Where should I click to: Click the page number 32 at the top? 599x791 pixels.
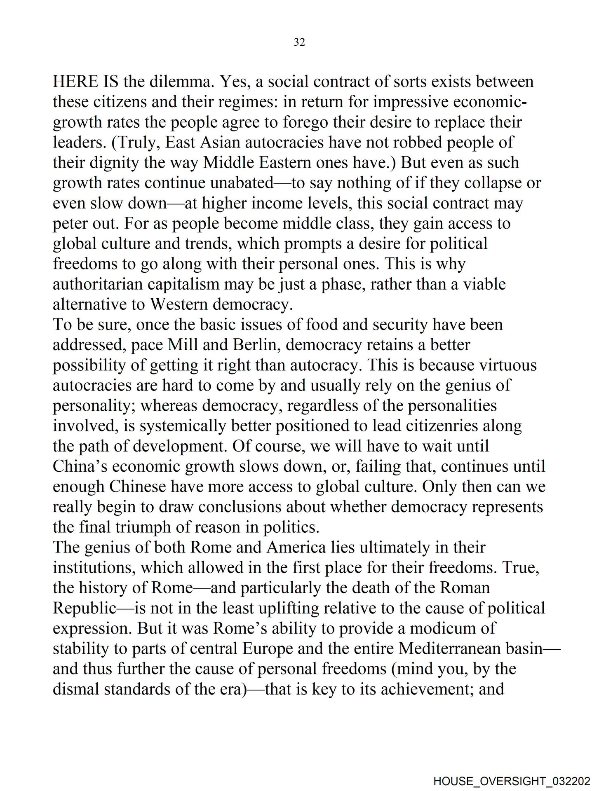click(299, 42)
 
